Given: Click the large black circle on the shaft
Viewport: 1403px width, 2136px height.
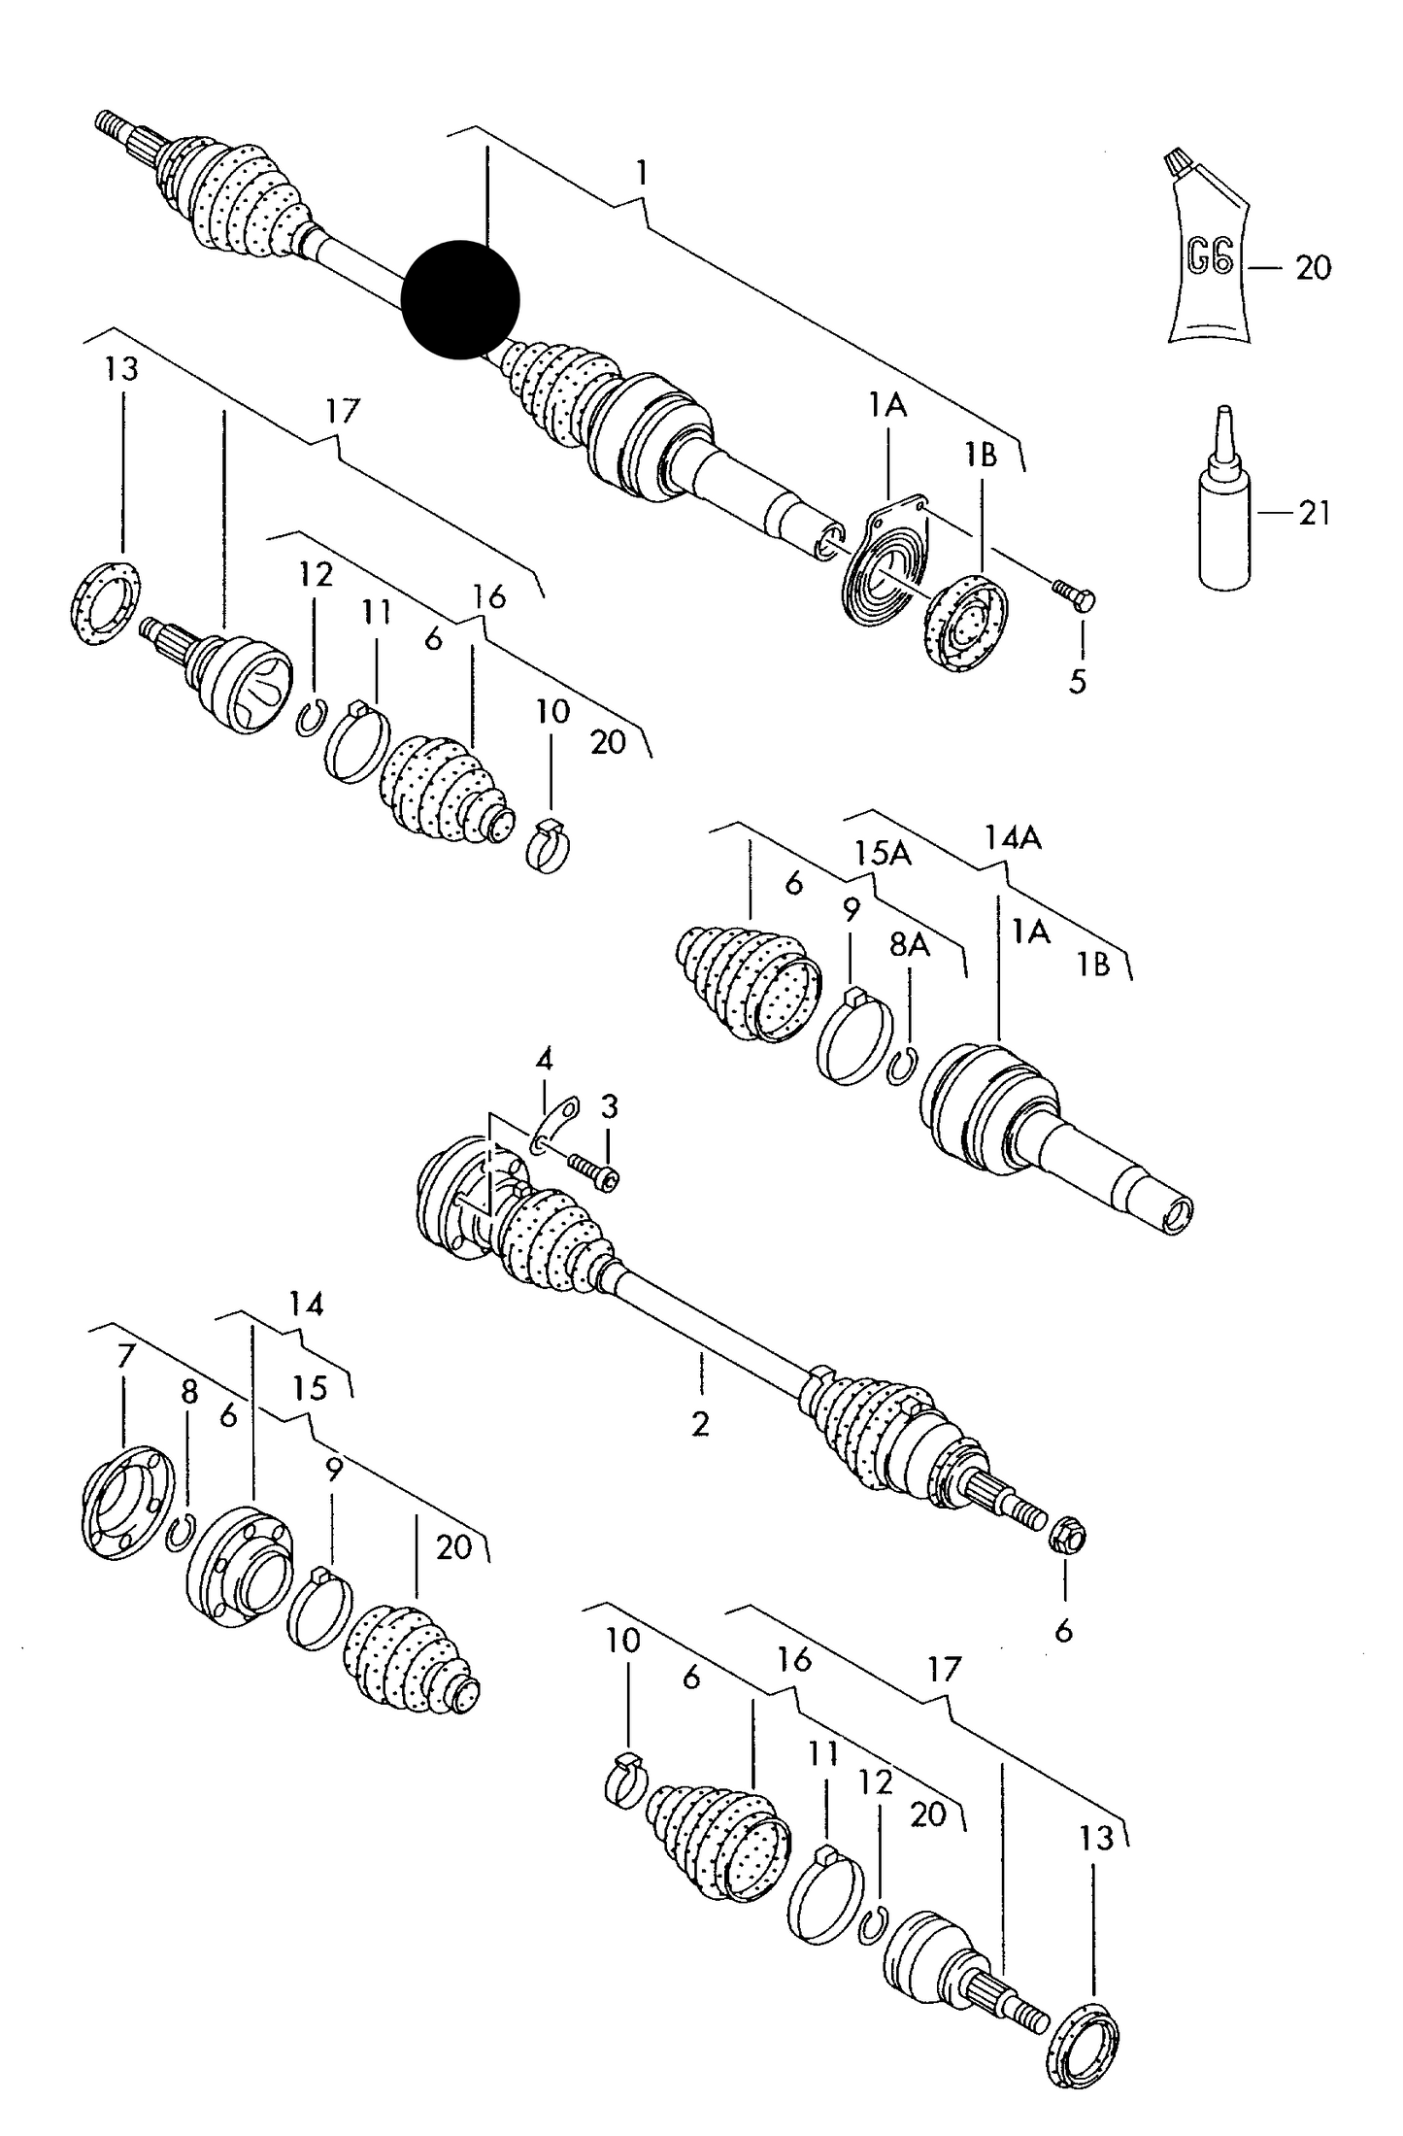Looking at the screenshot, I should tap(460, 299).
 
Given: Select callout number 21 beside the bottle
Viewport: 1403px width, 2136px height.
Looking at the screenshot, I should tap(1314, 514).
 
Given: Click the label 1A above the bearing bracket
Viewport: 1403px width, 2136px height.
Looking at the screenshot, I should tap(886, 405).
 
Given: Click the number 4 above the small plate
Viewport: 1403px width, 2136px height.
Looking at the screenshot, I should tap(545, 1058).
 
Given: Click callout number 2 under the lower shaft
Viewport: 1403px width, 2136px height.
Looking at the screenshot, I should tap(700, 1424).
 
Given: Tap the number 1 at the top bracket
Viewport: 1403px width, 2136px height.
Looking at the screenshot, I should tap(641, 173).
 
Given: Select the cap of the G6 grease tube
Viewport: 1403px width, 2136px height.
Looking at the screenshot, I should tap(1178, 158).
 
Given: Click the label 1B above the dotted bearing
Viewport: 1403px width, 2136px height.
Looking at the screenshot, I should tap(981, 455).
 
